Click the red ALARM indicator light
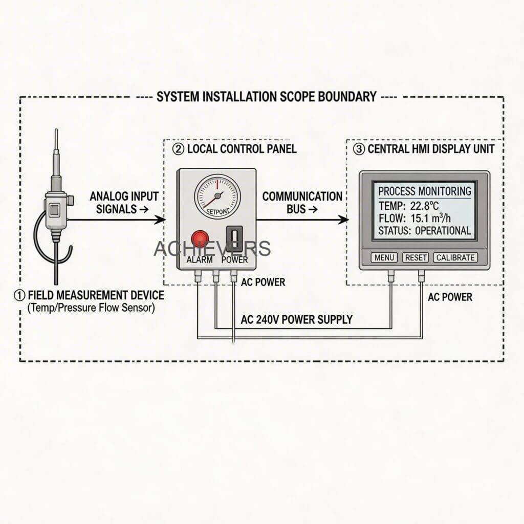coord(200,239)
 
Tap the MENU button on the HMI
coord(384,257)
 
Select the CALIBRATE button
coord(455,257)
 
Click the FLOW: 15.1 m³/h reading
coord(416,219)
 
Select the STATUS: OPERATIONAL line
coord(424,231)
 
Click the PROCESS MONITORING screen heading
coord(424,191)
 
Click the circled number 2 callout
coord(178,149)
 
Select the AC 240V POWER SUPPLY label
coord(297,320)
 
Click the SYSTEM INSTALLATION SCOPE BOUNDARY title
coord(267,96)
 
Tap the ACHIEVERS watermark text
coord(212,248)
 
